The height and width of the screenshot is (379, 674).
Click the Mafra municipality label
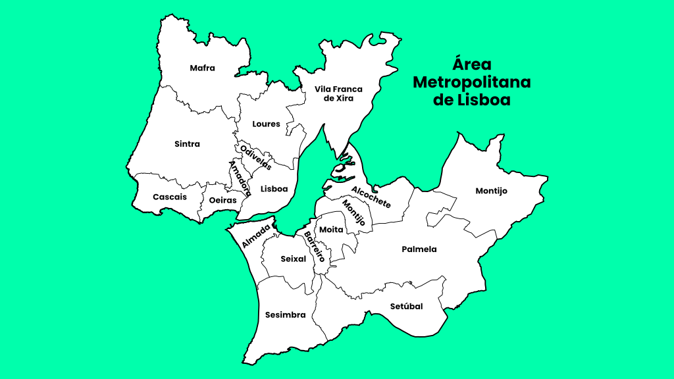coord(202,68)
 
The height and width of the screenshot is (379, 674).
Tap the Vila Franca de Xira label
coord(338,93)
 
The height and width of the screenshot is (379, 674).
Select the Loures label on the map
coord(266,124)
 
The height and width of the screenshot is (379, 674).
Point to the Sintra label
coord(188,143)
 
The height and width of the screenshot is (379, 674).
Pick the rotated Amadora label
coord(240,178)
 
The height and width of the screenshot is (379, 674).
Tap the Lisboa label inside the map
coord(274,189)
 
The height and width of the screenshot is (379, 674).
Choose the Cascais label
coord(170,197)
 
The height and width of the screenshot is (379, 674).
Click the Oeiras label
coord(222,200)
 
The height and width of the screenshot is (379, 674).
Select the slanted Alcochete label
coord(371,197)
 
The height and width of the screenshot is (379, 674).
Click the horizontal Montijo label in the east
coord(492,191)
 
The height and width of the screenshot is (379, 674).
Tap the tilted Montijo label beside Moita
coord(353,213)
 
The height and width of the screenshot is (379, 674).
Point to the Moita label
coord(332,230)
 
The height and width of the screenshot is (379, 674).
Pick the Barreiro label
coord(315,247)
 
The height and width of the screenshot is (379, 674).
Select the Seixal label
coord(294,259)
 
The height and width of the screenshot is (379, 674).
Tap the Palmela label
coord(419,249)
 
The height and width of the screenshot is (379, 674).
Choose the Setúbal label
coord(406,307)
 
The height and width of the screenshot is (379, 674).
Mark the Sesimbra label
coord(285,315)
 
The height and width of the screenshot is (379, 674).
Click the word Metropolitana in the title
coord(471,83)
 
